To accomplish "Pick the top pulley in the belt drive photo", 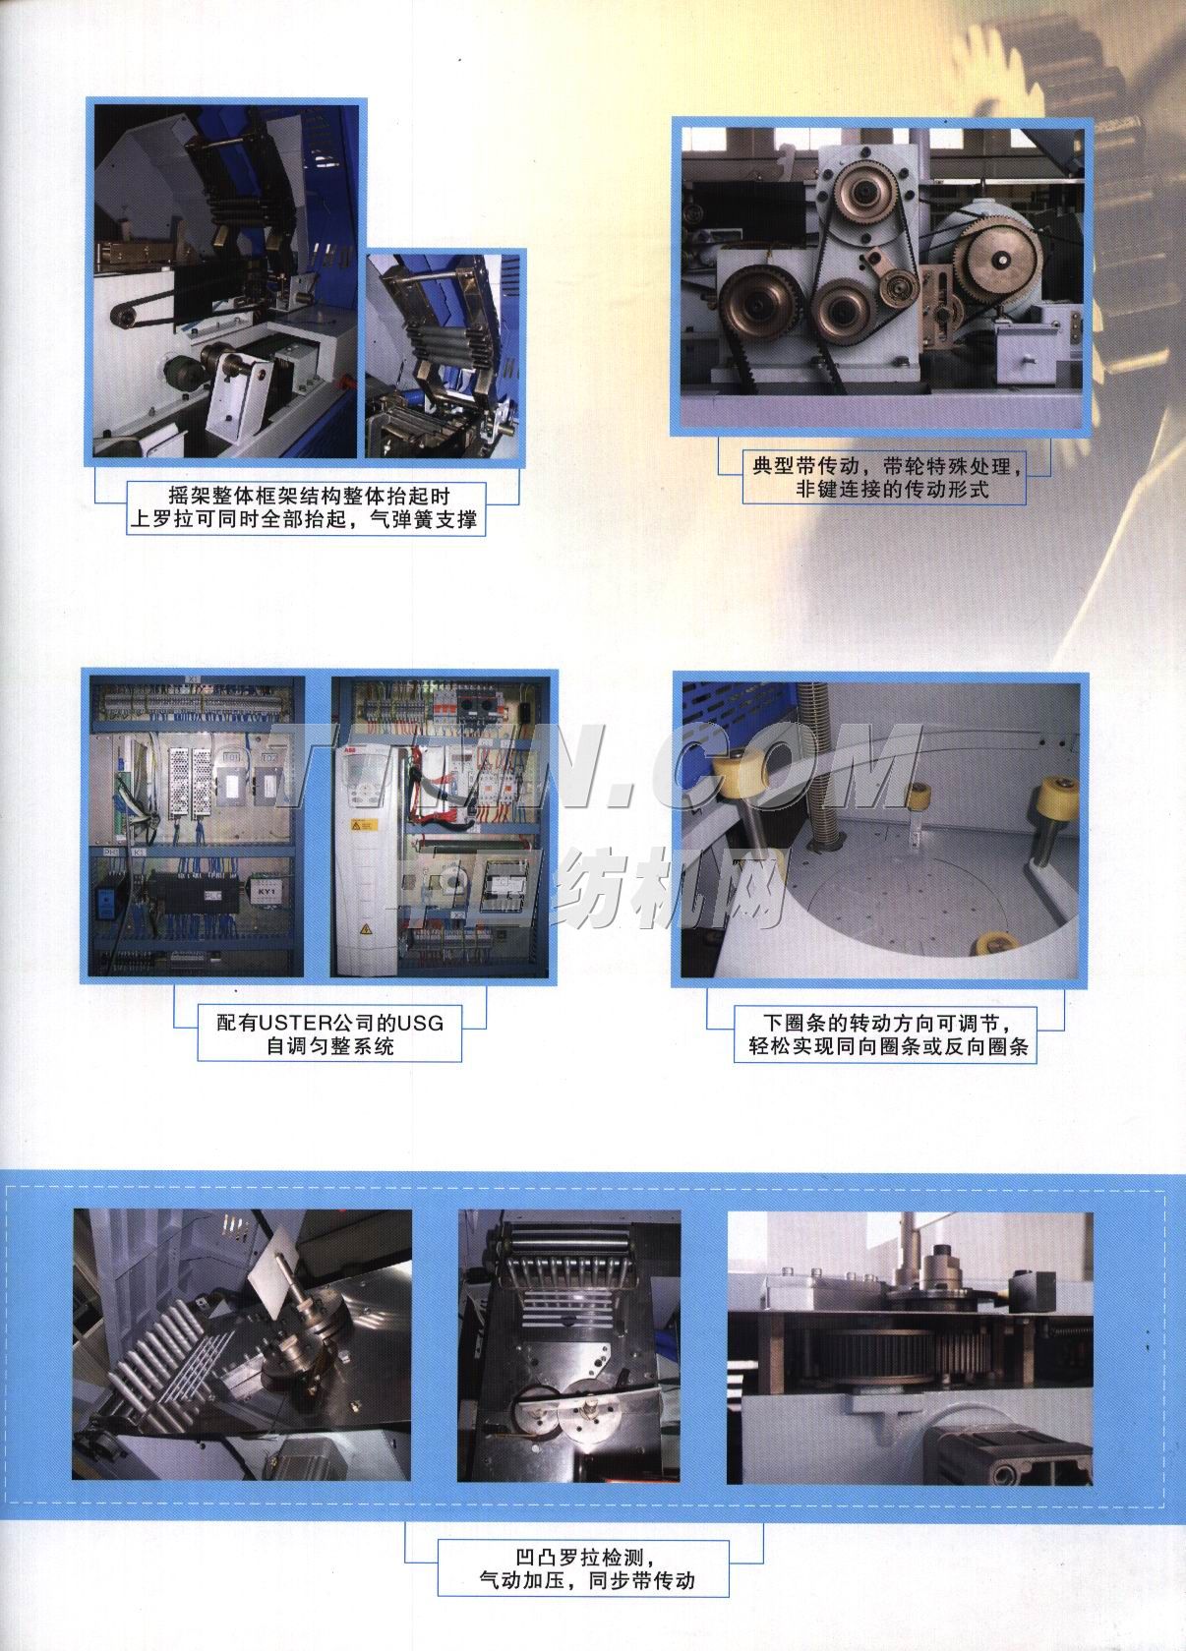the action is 861,193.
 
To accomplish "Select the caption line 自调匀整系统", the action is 330,1046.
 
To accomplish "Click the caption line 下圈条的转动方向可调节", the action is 884,1023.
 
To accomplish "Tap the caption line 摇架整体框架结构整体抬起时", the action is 309,496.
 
